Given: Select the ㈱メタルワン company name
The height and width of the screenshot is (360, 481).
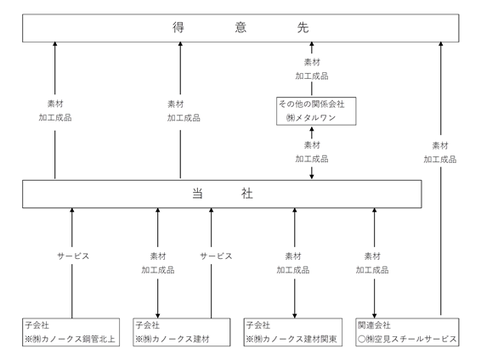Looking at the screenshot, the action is coord(310,118).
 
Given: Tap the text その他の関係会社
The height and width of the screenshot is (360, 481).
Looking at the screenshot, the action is coord(311,104).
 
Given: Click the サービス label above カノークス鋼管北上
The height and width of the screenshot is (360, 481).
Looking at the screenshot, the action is coord(73,256).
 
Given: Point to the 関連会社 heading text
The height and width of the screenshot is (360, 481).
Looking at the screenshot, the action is coord(374,325).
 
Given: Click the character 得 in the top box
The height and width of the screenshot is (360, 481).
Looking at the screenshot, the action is coord(178,27).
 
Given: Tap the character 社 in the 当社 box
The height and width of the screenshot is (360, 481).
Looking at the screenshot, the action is coord(246,194).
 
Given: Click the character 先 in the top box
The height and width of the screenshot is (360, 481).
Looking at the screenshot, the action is coord(303,27).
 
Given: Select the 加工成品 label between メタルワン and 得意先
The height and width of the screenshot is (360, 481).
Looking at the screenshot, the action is coord(312,76).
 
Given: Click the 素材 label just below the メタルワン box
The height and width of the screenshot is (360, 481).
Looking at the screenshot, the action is coord(312,145).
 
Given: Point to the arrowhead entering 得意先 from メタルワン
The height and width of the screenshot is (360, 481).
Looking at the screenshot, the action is coord(312,44).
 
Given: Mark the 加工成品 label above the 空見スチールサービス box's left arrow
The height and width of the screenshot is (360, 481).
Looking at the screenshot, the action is coord(372,270).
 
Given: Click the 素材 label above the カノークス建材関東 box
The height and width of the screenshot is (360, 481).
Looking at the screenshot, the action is coord(293,256).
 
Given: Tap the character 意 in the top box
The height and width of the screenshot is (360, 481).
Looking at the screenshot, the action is coord(240,27).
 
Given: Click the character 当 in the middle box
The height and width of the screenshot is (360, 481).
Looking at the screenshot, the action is coord(197,194).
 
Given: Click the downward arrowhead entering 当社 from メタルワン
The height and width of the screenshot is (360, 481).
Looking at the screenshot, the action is coord(312,177).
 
